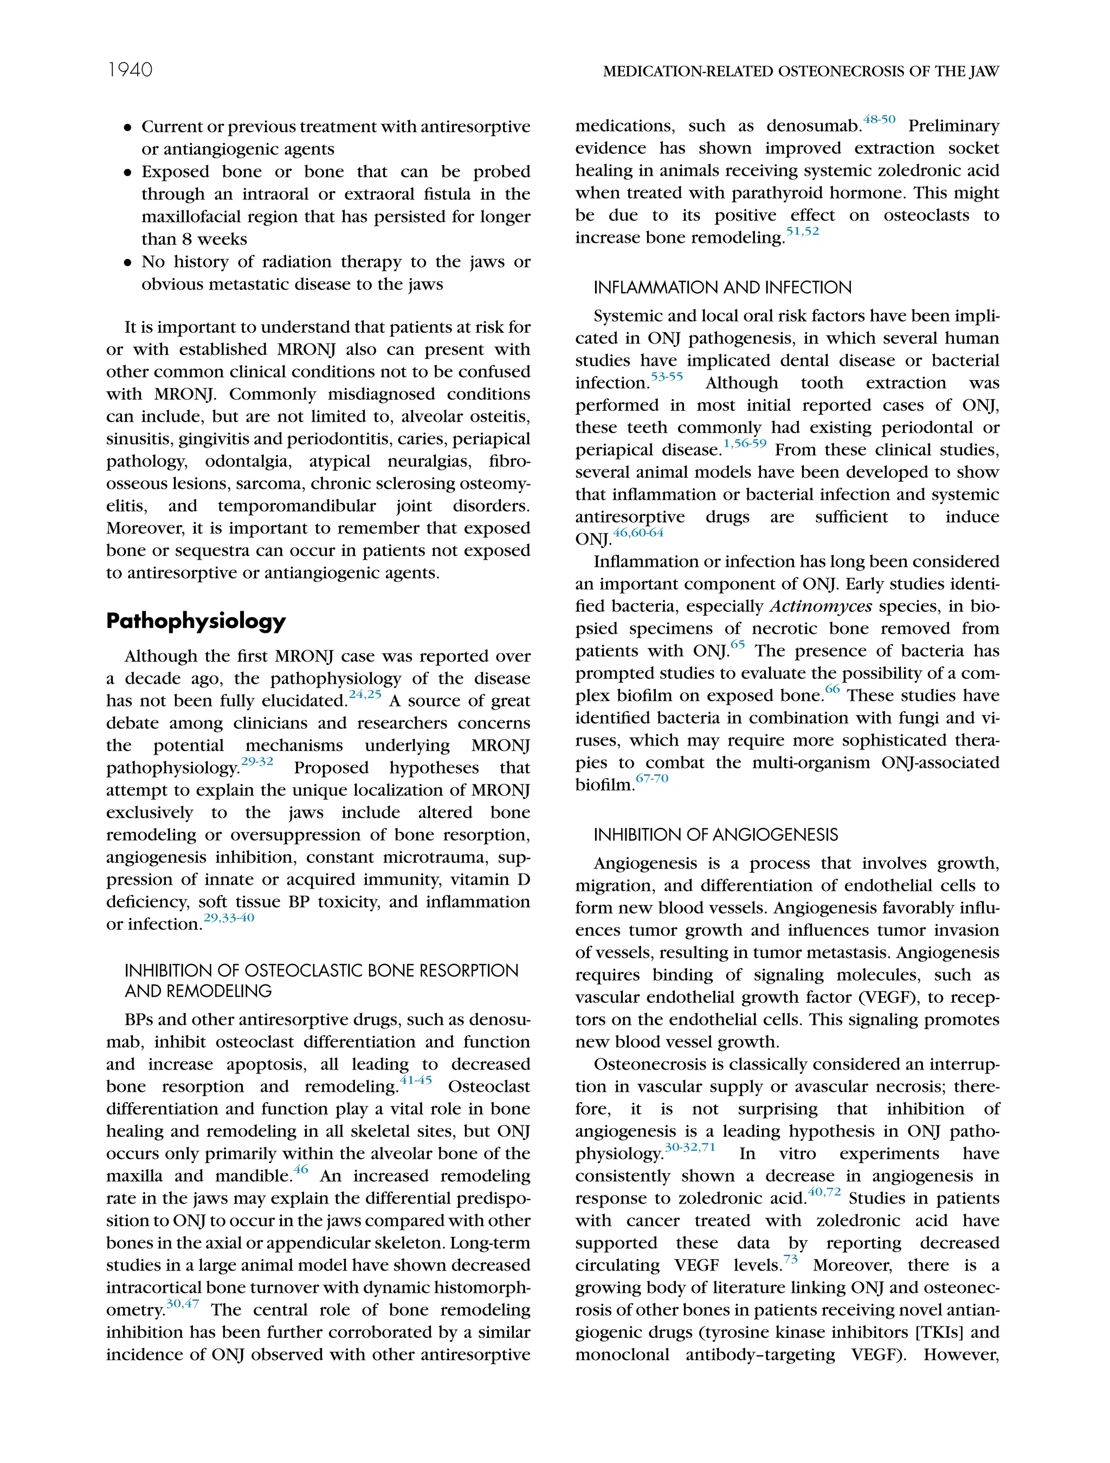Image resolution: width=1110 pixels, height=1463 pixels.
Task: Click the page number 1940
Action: pos(130,70)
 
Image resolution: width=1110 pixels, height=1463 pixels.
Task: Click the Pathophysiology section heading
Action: pos(196,621)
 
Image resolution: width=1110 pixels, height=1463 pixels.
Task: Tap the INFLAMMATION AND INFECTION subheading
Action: pos(722,288)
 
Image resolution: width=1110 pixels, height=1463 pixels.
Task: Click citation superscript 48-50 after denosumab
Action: pos(879,120)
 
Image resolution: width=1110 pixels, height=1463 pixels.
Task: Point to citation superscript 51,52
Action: pos(802,231)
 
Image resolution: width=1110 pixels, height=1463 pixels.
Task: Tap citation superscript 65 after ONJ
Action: pos(738,645)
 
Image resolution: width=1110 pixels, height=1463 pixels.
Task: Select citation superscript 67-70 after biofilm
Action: pos(651,779)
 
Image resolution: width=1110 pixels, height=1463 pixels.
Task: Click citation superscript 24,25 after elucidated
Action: pos(365,695)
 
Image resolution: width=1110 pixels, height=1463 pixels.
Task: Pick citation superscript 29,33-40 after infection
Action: pos(229,918)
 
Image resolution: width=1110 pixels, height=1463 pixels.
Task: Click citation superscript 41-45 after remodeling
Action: pos(416,1080)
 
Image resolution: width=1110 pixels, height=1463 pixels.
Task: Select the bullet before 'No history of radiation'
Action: pos(128,263)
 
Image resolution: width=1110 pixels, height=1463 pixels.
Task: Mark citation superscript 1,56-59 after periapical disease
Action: pos(745,444)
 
